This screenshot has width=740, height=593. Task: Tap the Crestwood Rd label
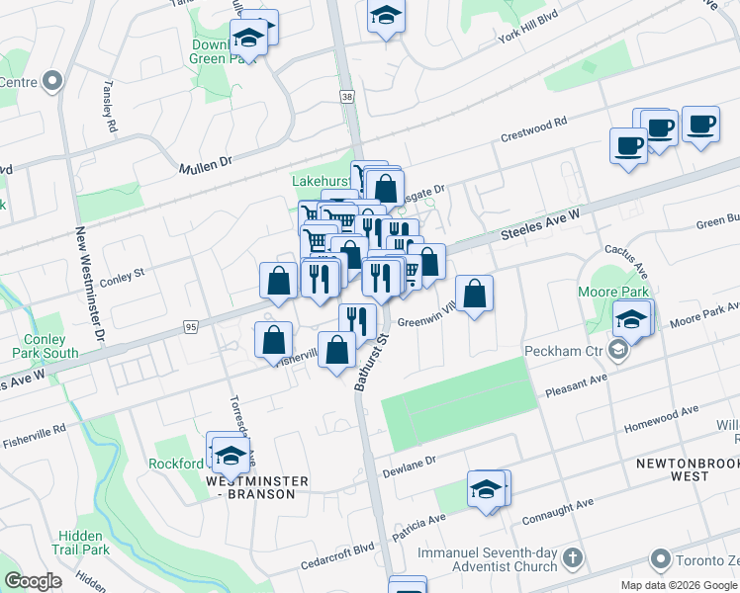533,128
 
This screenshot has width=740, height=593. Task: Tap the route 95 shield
191,326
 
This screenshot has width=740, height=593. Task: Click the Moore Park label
615,292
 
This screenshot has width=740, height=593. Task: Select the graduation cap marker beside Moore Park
631,319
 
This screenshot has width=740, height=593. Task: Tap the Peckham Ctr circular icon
619,351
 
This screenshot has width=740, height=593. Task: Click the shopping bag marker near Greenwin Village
475,293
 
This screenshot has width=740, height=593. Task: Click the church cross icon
572,560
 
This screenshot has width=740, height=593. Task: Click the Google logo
32,581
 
